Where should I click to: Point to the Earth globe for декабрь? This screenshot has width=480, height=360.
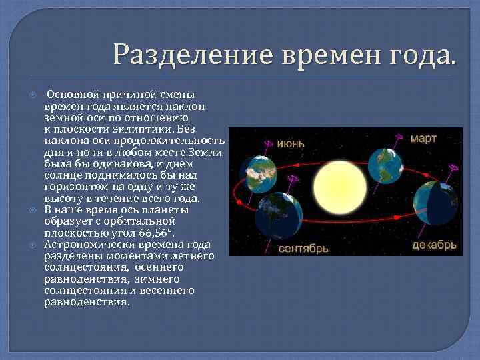point(435,203)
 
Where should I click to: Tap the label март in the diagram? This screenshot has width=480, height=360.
point(423,139)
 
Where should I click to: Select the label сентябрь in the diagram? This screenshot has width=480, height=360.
point(303,248)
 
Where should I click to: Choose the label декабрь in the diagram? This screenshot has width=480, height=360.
point(434,245)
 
